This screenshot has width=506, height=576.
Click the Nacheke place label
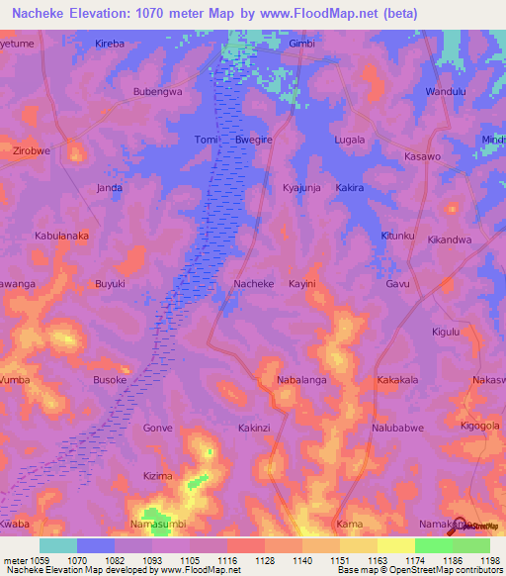[252, 283]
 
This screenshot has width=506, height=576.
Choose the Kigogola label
[479, 425]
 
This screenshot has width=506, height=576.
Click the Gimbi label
[300, 45]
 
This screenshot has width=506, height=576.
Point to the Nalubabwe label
[397, 427]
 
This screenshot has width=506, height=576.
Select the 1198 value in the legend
[489, 559]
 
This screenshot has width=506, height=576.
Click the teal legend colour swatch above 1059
[57, 545]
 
